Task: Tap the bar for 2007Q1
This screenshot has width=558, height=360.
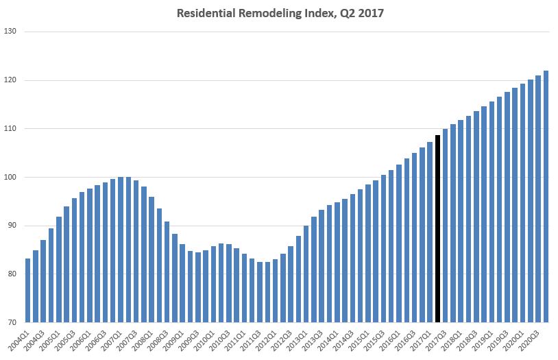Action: coord(121,250)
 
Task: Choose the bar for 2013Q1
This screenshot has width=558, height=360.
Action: coord(306,274)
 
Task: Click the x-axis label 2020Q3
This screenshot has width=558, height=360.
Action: coord(533,340)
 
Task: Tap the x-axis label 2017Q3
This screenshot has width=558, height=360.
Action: coord(440,340)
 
